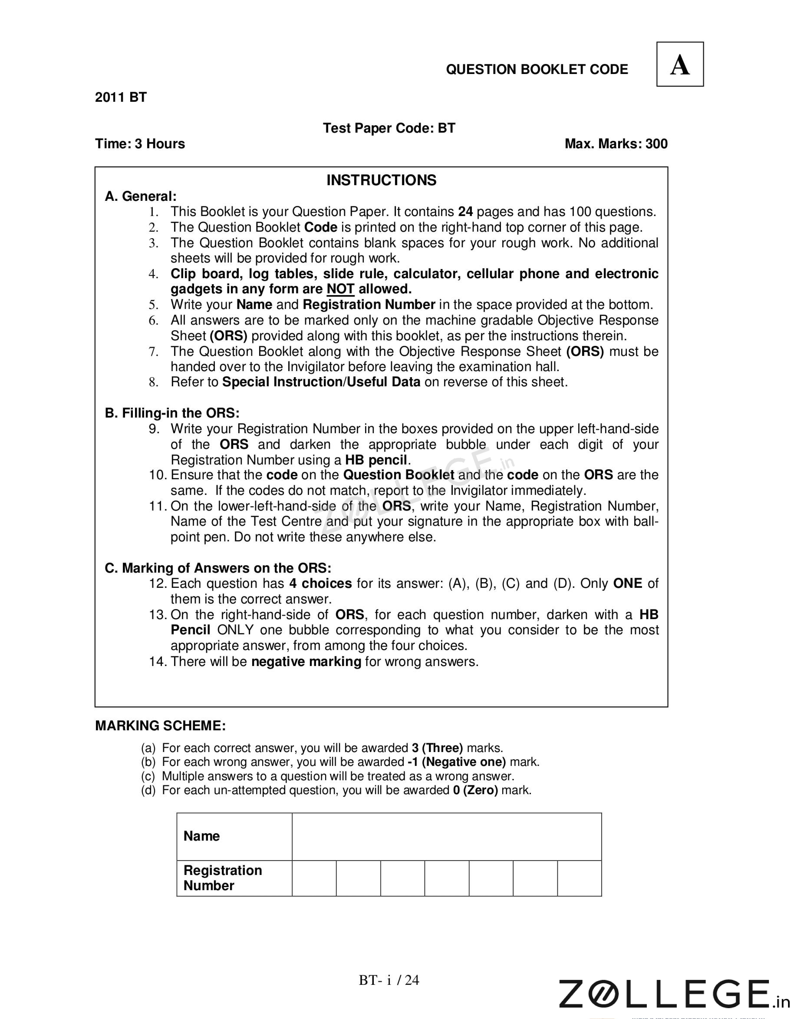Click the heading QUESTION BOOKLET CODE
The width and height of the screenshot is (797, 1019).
tap(537, 69)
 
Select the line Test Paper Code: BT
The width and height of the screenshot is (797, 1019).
tap(389, 128)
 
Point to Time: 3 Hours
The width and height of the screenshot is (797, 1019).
tap(140, 144)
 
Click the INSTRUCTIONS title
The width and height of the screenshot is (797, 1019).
tap(381, 180)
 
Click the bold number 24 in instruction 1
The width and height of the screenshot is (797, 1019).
tap(465, 212)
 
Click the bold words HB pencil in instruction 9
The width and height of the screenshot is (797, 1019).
tap(376, 460)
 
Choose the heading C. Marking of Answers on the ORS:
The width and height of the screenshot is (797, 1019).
tap(218, 568)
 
